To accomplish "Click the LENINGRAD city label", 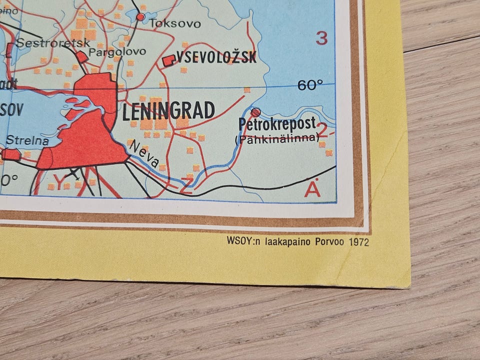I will coord(168,110).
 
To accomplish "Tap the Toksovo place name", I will coord(175,23).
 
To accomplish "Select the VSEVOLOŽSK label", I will coord(216,57).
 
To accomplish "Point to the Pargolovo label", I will coord(117,51).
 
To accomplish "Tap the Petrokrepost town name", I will coord(277,124).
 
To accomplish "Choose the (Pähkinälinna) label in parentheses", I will coord(276,138).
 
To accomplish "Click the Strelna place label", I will coord(28,141).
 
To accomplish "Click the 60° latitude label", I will coord(310,85).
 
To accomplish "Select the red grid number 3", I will coord(322,38).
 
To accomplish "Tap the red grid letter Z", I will coord(186,187).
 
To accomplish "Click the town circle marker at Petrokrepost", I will coord(255,112).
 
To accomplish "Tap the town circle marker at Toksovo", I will coord(140,17).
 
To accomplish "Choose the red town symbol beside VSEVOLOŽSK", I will coord(168,61).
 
